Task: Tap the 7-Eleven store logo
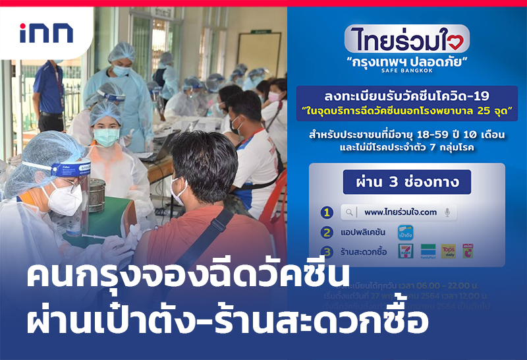406,251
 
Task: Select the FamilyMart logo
428,251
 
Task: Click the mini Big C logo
468,251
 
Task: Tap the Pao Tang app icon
404,232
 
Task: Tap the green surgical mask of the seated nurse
105,136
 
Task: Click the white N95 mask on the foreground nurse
65,198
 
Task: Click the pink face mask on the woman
273,97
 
